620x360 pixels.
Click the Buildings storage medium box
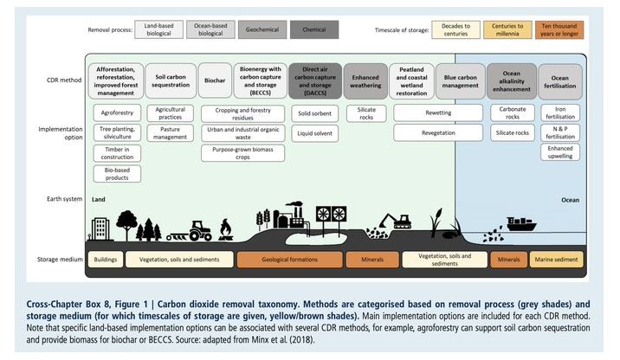pyautogui.click(x=105, y=259)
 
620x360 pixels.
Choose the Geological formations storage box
pyautogui.click(x=290, y=259)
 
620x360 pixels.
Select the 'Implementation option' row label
pyautogui.click(x=60, y=134)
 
